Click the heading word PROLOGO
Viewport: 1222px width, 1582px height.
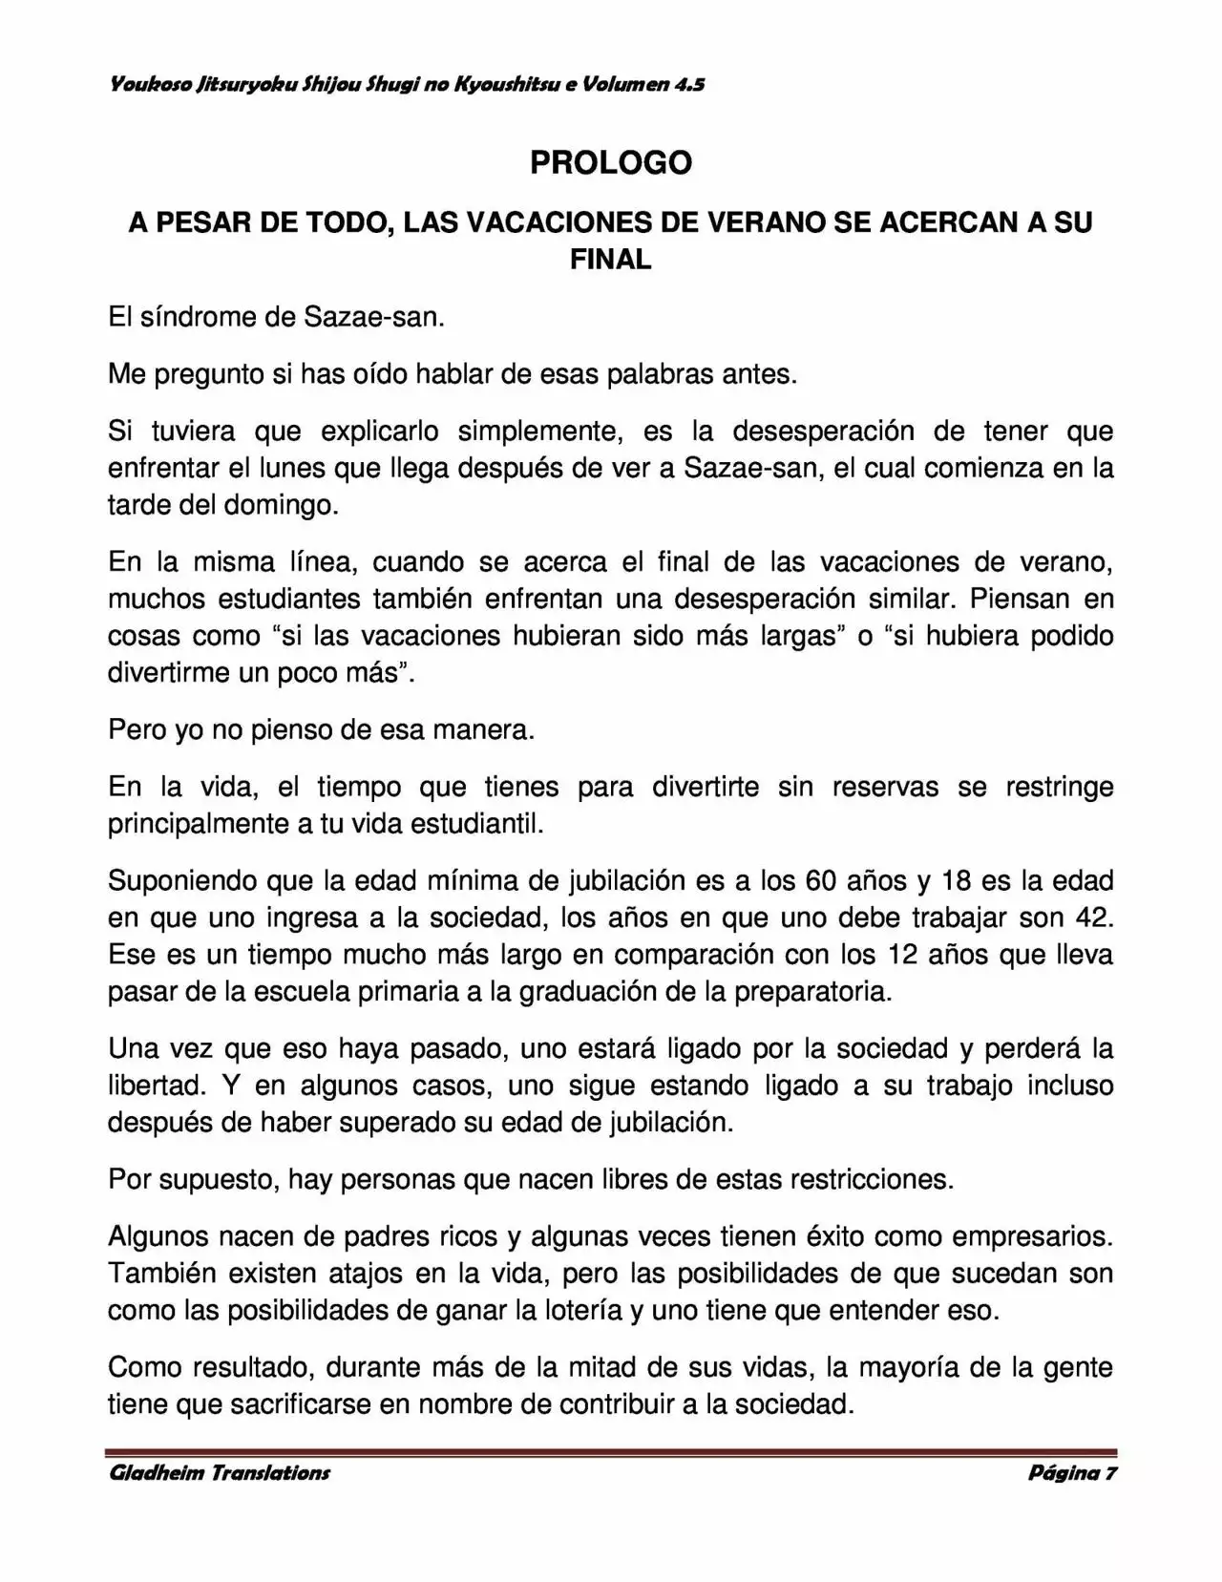point(610,163)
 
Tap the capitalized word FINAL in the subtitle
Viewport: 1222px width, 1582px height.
point(610,259)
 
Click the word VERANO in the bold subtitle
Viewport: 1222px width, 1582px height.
point(762,222)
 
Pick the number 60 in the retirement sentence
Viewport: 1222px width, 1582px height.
point(822,879)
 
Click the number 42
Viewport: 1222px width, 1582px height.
point(1094,917)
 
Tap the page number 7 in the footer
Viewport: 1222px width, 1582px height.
point(1110,1472)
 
